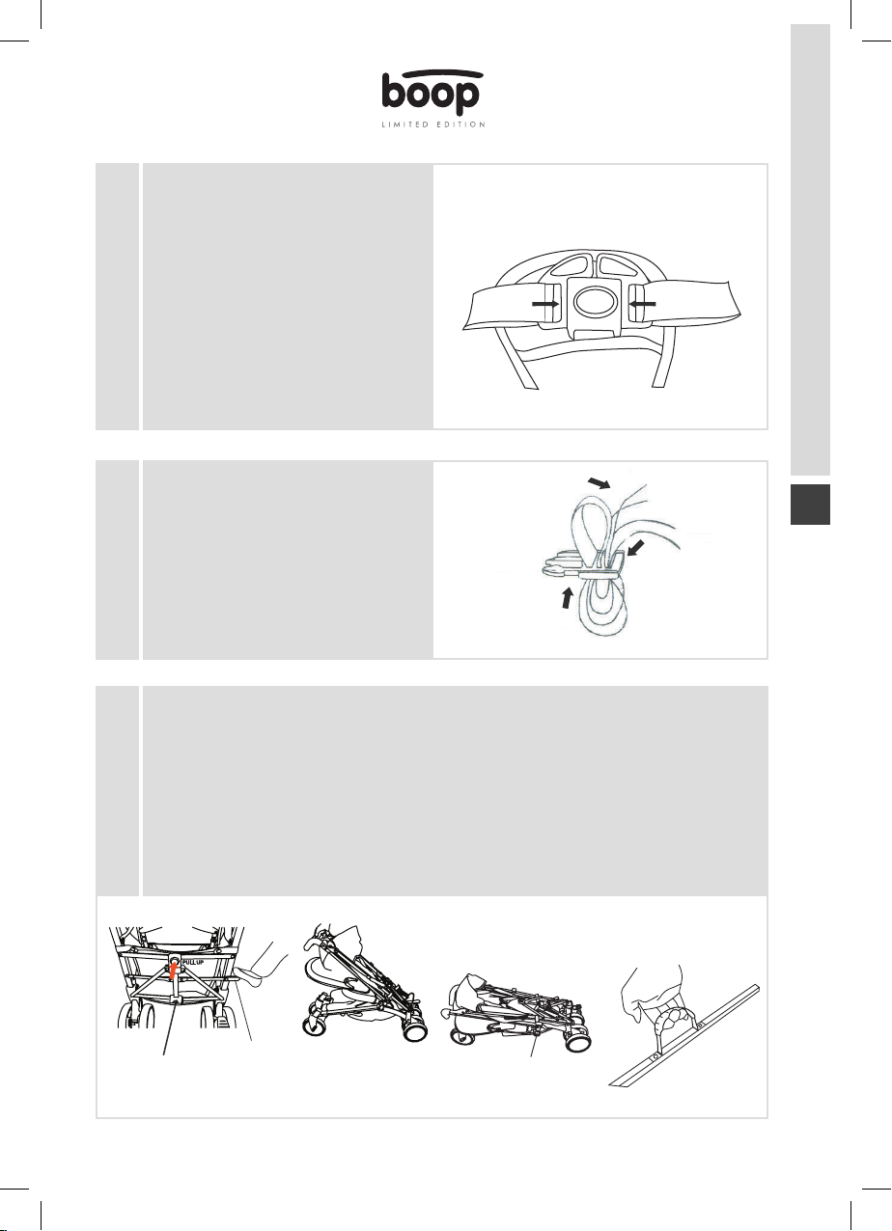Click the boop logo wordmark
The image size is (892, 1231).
click(432, 93)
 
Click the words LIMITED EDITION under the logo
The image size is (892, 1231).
click(433, 124)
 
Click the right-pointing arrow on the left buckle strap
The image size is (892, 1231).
click(545, 303)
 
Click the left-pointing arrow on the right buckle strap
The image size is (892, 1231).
click(642, 303)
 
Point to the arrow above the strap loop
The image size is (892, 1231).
click(599, 483)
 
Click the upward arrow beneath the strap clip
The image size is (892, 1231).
click(566, 598)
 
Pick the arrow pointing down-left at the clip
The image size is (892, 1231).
click(638, 547)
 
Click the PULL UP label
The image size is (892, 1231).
click(192, 962)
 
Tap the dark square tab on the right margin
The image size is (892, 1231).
click(810, 505)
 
